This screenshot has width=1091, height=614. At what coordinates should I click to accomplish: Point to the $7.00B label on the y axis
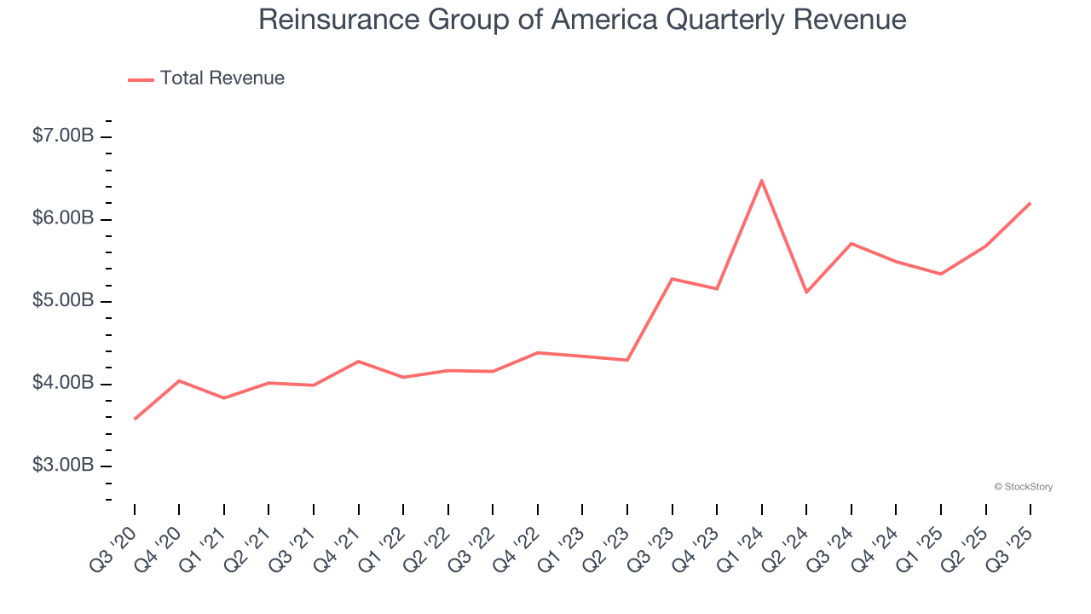point(63,136)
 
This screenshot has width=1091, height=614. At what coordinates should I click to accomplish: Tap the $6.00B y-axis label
point(63,218)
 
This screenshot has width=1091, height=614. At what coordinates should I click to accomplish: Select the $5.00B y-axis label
point(63,301)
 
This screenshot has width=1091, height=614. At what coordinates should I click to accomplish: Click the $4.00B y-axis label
point(63,383)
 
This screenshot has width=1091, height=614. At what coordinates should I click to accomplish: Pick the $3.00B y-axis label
point(63,466)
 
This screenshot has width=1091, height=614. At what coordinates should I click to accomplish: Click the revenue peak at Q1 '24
point(761,181)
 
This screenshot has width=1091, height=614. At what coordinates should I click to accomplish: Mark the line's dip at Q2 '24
point(806,293)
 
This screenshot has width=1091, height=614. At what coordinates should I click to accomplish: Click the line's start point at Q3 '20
point(135,419)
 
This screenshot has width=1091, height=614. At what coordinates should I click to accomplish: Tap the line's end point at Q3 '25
point(1030,203)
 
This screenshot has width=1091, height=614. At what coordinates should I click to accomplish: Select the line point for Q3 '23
point(672,279)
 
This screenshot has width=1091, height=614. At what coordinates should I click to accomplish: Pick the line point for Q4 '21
point(359,362)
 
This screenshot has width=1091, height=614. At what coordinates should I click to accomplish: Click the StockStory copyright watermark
point(1023,487)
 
